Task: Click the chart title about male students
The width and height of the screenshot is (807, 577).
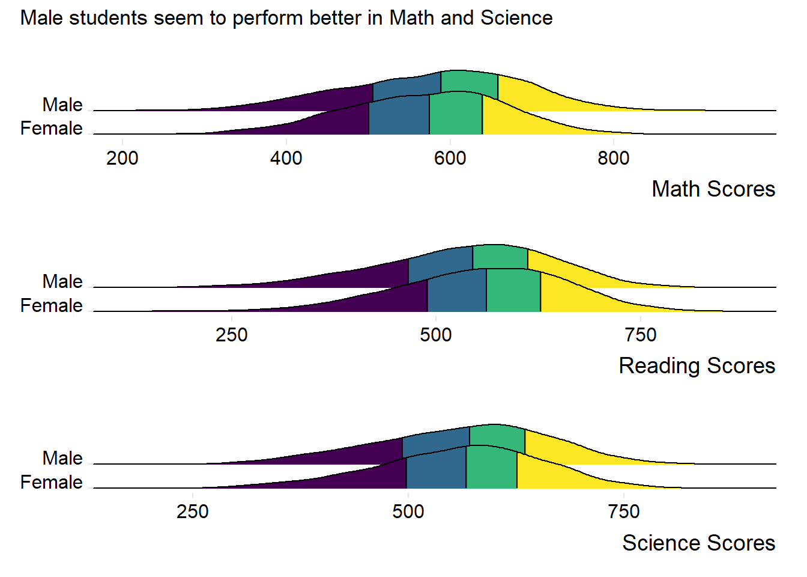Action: (286, 18)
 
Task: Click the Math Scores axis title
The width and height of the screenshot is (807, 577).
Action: (713, 189)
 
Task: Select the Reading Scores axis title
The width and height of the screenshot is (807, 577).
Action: (697, 366)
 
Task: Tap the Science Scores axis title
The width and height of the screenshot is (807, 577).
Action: (698, 543)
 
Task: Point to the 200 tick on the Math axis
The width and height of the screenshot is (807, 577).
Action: (122, 158)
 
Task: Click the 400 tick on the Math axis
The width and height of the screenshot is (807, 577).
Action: (286, 158)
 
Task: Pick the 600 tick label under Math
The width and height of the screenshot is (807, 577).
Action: (450, 158)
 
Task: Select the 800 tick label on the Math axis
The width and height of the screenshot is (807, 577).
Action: (614, 158)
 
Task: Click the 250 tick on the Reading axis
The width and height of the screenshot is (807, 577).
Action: (232, 335)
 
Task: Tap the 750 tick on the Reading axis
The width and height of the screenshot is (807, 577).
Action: (641, 335)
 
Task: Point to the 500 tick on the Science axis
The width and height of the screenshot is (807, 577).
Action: (408, 511)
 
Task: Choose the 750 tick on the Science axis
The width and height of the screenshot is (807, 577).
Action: (624, 511)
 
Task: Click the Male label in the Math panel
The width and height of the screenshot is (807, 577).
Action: (62, 105)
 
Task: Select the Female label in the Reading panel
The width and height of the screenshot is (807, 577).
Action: (52, 305)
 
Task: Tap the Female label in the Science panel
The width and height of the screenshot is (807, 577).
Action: (52, 482)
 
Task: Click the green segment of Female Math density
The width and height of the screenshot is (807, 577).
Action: (456, 115)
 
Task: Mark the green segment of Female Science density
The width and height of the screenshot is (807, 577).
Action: (491, 469)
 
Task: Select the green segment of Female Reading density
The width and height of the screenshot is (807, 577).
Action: (513, 292)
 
